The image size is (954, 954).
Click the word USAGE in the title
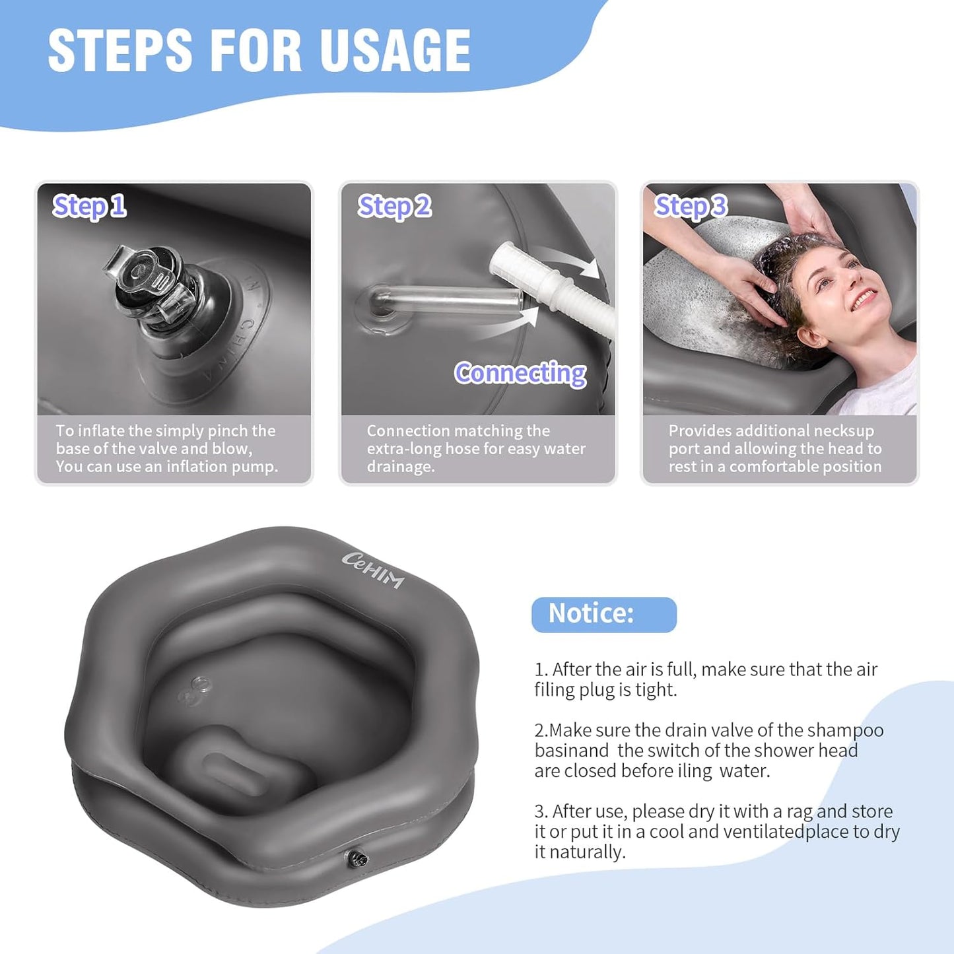tap(395, 51)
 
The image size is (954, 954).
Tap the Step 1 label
tap(89, 207)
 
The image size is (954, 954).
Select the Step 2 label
tap(394, 207)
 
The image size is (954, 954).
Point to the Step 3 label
tap(690, 207)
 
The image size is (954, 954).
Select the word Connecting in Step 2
tap(520, 374)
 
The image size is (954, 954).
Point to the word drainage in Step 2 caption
tap(400, 467)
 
